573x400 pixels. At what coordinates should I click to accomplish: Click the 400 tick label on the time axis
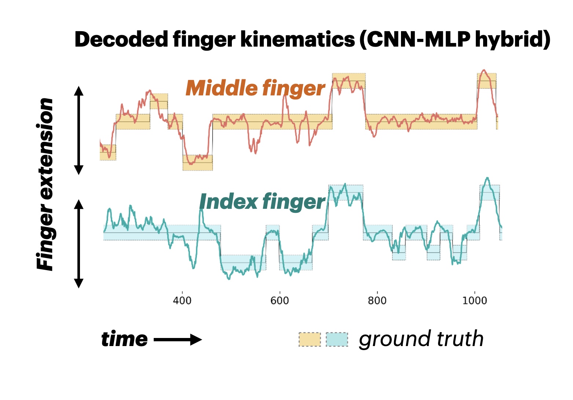coord(182,301)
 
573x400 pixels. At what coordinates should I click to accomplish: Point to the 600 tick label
coord(280,301)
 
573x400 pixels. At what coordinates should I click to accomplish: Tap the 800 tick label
coord(377,301)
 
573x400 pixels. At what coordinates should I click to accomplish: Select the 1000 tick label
coord(474,301)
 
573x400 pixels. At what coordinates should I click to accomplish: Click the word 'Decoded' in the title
coord(121,40)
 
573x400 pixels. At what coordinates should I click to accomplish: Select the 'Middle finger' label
coord(255,89)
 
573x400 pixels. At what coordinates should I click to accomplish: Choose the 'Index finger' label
coord(262,202)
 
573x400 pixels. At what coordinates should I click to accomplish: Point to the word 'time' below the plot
coord(124,339)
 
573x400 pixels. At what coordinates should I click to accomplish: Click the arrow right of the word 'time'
coord(178,340)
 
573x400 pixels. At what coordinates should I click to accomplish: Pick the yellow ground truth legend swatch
coord(310,339)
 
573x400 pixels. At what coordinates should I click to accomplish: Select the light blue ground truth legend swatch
coord(337,339)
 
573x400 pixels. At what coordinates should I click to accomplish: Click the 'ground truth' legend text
coord(421,339)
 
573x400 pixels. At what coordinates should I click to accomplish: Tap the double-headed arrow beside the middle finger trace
coord(79,130)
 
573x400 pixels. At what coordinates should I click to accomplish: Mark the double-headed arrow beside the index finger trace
coord(79,244)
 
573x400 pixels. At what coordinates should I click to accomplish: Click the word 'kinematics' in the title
coord(298,40)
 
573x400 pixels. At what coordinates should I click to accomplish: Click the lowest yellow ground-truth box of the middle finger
coord(198,163)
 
